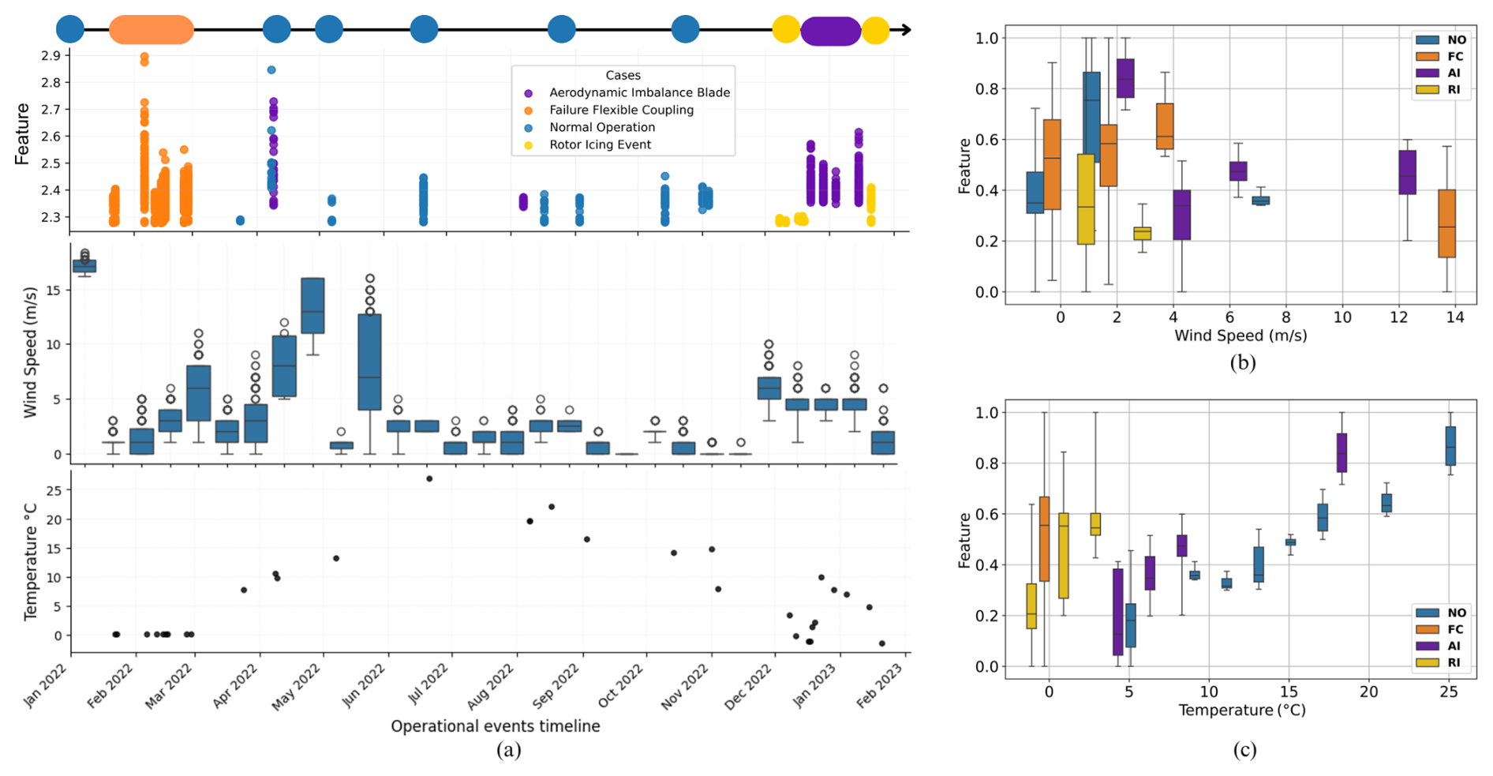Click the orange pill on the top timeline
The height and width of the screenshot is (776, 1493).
[x=151, y=30]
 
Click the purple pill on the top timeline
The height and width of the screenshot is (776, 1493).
[x=830, y=32]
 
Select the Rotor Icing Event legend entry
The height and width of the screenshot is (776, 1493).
[x=600, y=144]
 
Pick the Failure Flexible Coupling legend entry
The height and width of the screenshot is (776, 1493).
[x=621, y=110]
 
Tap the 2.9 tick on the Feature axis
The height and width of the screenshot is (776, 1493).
[x=51, y=55]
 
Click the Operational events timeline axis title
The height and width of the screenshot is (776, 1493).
[x=495, y=725]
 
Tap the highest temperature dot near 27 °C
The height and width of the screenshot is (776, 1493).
[x=429, y=478]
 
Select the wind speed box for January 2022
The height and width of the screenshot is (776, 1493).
[x=84, y=265]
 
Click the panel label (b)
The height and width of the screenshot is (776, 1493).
[x=1242, y=362]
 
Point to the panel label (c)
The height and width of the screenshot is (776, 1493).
[x=1244, y=749]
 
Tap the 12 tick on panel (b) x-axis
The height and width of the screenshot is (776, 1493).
[x=1398, y=317]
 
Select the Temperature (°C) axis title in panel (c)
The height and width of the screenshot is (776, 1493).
[x=1241, y=710]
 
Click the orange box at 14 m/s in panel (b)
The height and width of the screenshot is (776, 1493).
[x=1446, y=223]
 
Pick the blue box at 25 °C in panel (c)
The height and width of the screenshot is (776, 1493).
[x=1450, y=446]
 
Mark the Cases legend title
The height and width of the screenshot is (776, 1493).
[x=623, y=75]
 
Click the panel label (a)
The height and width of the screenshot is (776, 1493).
[x=508, y=749]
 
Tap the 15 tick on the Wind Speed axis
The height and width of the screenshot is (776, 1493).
[x=53, y=291]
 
